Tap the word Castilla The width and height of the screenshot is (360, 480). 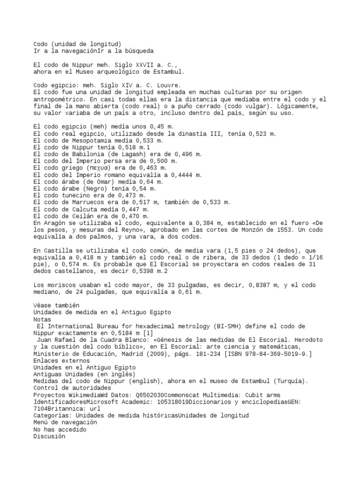(58, 251)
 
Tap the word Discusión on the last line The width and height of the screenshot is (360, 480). (49, 436)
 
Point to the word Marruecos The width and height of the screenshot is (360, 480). (82, 202)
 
